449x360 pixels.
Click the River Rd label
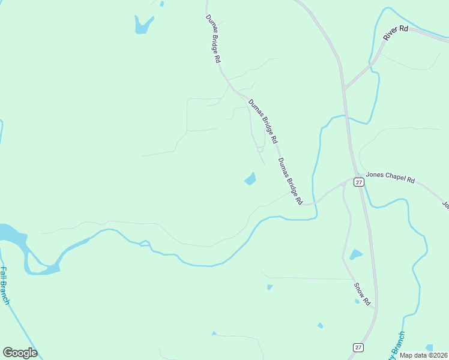click(x=396, y=34)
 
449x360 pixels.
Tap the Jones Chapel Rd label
click(x=391, y=179)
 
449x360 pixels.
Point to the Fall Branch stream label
click(x=5, y=286)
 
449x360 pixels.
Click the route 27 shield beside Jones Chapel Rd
click(x=358, y=182)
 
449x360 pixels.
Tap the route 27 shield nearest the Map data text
click(x=358, y=347)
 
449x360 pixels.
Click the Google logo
click(x=20, y=353)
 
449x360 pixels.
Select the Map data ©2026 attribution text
click(x=424, y=355)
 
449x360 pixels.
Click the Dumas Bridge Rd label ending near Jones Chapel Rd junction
click(x=290, y=181)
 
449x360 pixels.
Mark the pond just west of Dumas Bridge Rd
click(x=250, y=179)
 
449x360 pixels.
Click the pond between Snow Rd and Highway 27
click(x=356, y=254)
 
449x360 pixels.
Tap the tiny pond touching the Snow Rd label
click(x=357, y=301)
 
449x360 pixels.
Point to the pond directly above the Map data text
click(x=429, y=347)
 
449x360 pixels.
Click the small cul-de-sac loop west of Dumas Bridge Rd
click(x=260, y=149)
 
